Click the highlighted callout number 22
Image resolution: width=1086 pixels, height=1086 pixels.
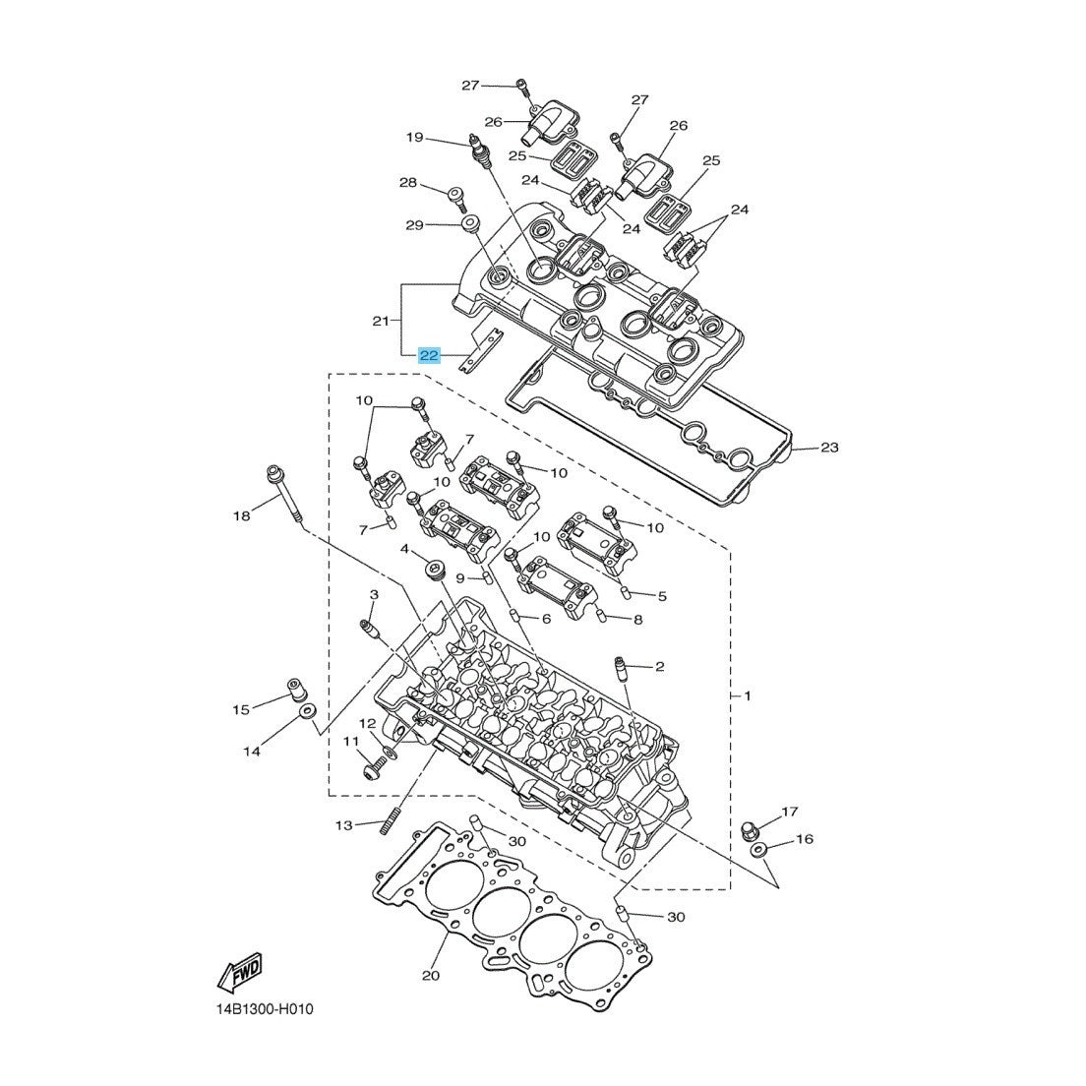[429, 355]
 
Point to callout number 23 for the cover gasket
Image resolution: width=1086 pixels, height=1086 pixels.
[829, 448]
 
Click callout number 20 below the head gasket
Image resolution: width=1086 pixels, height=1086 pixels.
[430, 976]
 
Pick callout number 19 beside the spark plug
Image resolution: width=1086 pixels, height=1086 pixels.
[414, 137]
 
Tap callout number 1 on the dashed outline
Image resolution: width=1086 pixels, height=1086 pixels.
[748, 695]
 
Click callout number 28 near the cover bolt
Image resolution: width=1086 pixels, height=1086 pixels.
[407, 183]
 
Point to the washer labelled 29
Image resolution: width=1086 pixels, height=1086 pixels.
[469, 225]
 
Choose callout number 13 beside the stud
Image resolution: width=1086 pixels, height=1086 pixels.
[343, 824]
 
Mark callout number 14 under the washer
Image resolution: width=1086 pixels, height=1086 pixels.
[252, 752]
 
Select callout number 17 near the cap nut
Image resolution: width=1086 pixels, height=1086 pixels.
[789, 812]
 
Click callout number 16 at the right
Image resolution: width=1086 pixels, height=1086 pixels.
[804, 839]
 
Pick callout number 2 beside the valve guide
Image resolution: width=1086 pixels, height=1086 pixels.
[659, 666]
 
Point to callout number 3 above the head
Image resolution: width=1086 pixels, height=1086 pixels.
[374, 595]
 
